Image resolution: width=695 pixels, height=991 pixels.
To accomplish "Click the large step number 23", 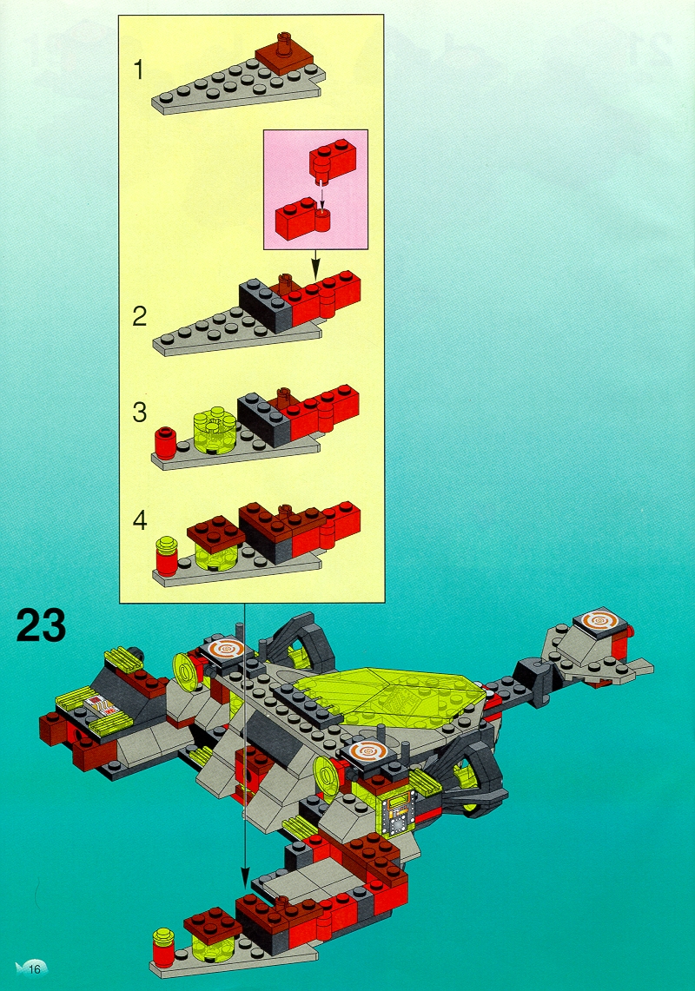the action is (x=41, y=624).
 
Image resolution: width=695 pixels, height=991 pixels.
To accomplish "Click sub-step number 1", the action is (x=139, y=69).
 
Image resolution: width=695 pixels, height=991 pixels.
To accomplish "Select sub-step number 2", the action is (x=140, y=316).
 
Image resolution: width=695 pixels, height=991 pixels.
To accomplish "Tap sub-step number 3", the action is (x=140, y=413).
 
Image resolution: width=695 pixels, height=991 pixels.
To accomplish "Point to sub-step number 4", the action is (x=140, y=521).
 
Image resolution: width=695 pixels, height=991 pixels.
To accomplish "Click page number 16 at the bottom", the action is (x=34, y=968).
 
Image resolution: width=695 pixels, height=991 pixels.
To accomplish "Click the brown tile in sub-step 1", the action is (x=285, y=59).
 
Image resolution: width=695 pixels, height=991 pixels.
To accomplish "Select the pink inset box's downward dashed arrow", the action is (x=322, y=193).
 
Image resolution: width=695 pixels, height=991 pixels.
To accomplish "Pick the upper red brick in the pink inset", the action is (x=331, y=159).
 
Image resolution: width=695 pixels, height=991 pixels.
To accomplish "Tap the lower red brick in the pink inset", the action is (x=303, y=218).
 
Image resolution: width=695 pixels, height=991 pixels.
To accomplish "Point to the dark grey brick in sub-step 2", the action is (x=264, y=305).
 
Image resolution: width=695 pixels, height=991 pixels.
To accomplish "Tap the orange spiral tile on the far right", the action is (x=599, y=621).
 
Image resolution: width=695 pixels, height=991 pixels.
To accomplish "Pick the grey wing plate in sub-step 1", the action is (x=237, y=93).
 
